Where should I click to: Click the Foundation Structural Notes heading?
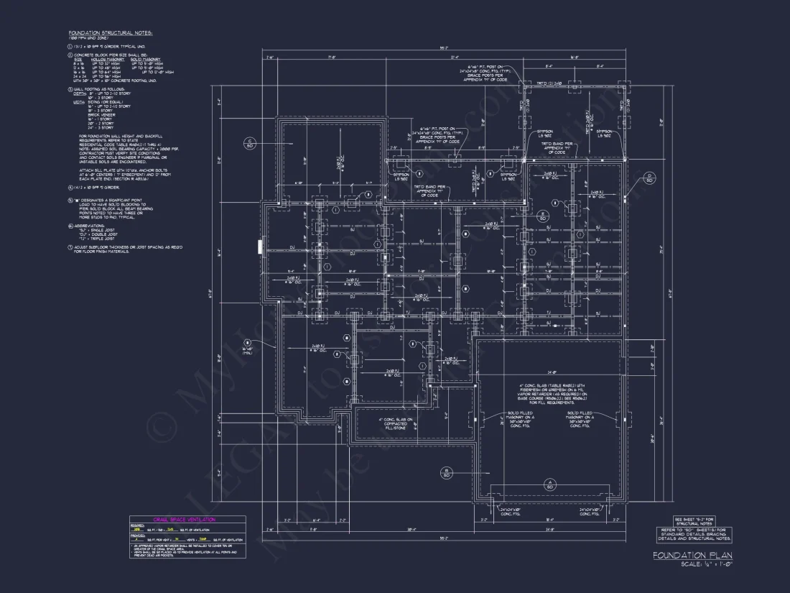tap(111, 33)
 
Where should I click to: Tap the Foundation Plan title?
tap(692, 556)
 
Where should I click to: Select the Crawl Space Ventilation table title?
tap(184, 519)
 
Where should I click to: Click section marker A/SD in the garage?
tap(549, 484)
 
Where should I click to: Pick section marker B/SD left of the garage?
tap(446, 472)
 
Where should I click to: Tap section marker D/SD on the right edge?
tap(649, 177)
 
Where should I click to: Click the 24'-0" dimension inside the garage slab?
tap(549, 372)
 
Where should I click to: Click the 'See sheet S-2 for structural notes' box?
tap(694, 521)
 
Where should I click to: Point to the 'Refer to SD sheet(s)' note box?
tap(694, 533)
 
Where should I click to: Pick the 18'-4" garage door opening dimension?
tap(549, 520)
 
